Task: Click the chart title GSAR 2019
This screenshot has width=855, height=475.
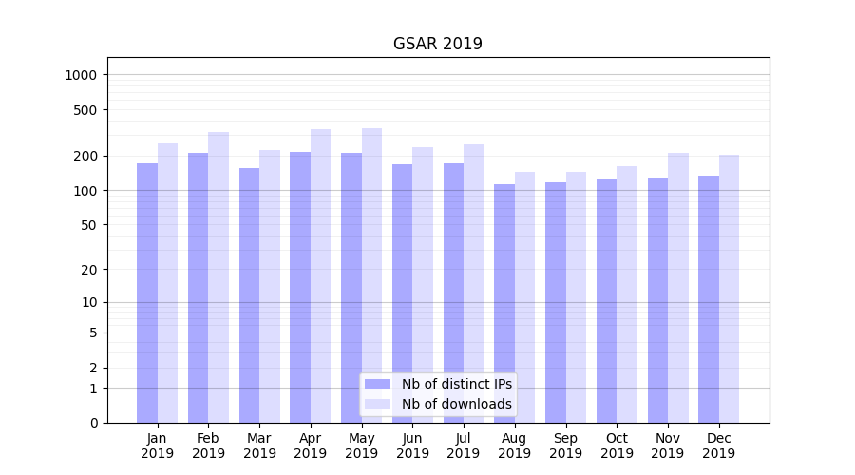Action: click(437, 45)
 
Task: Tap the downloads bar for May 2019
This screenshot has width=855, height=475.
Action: click(371, 275)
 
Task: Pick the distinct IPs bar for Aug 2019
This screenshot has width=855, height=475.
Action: click(504, 303)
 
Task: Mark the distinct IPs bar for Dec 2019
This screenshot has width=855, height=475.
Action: click(709, 299)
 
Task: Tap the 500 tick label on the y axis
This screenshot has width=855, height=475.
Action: click(86, 110)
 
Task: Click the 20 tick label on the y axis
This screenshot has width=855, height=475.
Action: click(89, 270)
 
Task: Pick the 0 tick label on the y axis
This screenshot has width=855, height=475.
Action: click(93, 423)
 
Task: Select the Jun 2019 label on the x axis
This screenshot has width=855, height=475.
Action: click(412, 446)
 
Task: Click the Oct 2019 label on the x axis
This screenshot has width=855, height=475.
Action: click(617, 446)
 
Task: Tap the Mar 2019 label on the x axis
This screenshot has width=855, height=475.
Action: click(259, 446)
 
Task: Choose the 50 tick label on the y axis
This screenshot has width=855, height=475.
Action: click(89, 225)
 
